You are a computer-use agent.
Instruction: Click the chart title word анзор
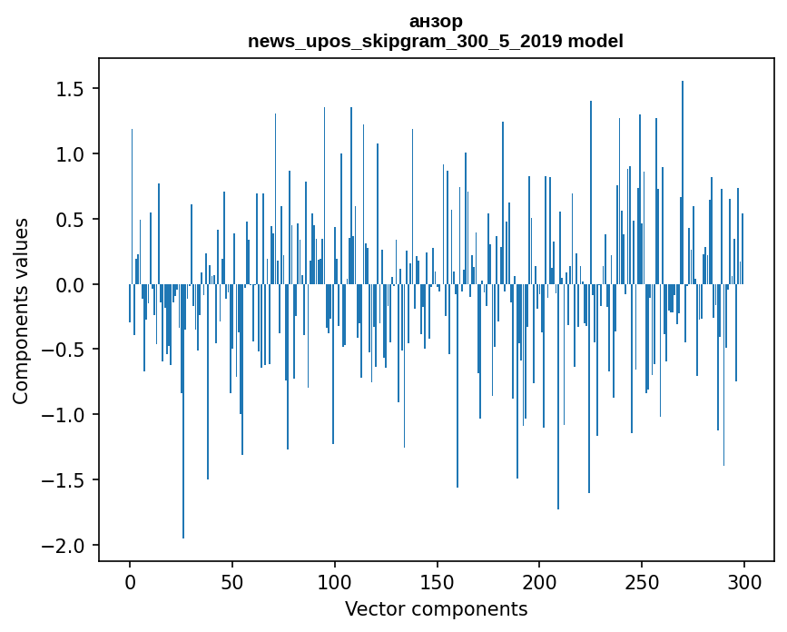point(436,22)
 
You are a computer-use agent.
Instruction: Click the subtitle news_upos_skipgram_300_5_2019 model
point(436,41)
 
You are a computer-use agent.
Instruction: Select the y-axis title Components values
point(20,311)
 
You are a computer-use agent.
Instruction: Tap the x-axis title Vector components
point(436,608)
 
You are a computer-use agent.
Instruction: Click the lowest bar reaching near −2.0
point(183,454)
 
